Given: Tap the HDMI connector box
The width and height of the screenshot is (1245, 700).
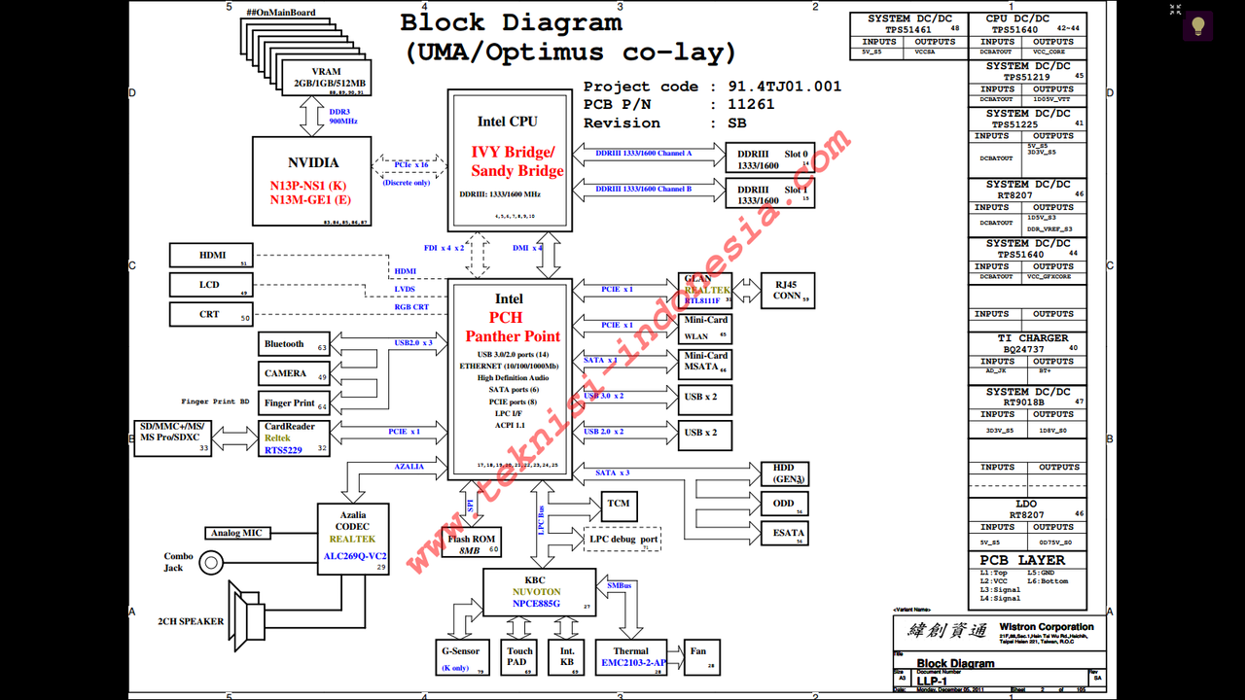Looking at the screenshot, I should [x=211, y=255].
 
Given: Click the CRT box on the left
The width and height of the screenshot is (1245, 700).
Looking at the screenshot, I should [x=211, y=314].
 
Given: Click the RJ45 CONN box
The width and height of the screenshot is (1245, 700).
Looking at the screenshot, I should [x=787, y=291].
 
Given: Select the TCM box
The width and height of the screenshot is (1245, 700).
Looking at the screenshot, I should [x=619, y=505].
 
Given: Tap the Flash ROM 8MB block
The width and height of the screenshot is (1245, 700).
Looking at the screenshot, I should [x=472, y=543].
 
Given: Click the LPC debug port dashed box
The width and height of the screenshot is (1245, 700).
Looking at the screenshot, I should [x=623, y=539].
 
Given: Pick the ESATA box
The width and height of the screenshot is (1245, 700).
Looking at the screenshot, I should [x=789, y=532].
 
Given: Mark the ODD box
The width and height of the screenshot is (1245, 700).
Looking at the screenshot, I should [x=784, y=504].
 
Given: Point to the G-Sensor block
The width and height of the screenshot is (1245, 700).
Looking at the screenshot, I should [x=459, y=657].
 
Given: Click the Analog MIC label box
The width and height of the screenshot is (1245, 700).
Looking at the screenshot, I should [x=236, y=533].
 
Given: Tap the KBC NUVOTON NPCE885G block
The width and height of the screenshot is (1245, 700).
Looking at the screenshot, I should [x=539, y=592].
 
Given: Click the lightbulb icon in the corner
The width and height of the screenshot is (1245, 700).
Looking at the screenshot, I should [x=1197, y=25].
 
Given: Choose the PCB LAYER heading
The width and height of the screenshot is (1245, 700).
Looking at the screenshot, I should [x=1021, y=560].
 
